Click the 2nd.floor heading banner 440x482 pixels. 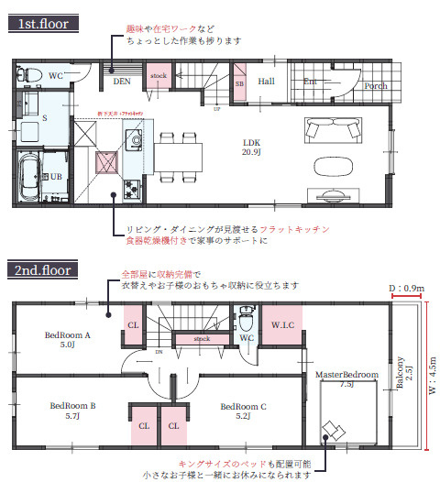pos(44,270)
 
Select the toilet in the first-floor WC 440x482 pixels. pos(27,73)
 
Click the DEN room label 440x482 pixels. pos(121,81)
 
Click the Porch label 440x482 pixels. pos(376,86)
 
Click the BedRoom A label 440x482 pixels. pos(68,339)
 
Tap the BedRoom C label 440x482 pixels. pos(244,408)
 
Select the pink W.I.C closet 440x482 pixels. pos(281,323)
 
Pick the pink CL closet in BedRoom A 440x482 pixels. pos(133,324)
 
